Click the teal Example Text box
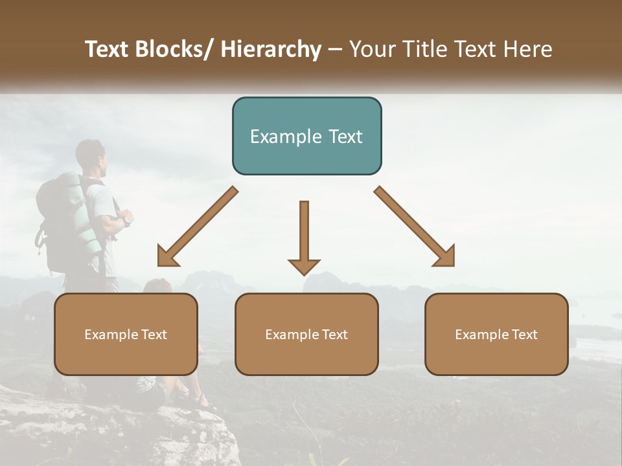click(306, 136)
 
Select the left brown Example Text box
click(126, 334)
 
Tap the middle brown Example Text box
click(306, 334)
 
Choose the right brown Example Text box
click(496, 334)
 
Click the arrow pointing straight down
click(304, 236)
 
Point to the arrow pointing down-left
click(198, 227)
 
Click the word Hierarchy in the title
click(271, 50)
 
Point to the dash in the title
click(335, 50)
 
